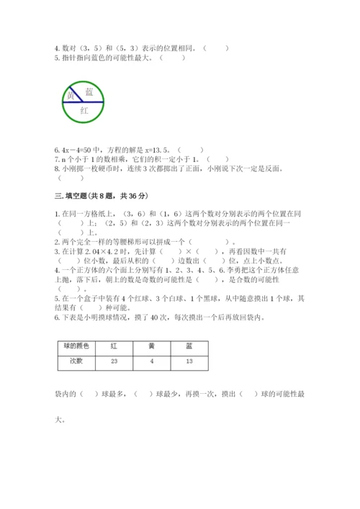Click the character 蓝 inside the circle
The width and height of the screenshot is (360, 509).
tap(89, 91)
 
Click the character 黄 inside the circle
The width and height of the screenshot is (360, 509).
tap(71, 96)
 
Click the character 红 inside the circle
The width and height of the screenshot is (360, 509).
tap(84, 111)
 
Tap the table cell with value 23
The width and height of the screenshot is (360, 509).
tap(114, 361)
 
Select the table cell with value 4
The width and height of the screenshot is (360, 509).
tap(151, 361)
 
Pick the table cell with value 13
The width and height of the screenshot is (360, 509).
tap(189, 361)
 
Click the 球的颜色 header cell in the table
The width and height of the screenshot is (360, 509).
tap(76, 346)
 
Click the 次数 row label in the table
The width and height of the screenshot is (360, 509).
tap(76, 361)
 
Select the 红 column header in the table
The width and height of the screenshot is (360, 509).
tap(114, 346)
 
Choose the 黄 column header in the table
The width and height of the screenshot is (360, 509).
tap(151, 346)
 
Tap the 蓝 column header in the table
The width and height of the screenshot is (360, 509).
tap(189, 346)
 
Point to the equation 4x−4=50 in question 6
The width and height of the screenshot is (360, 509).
tap(78, 144)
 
